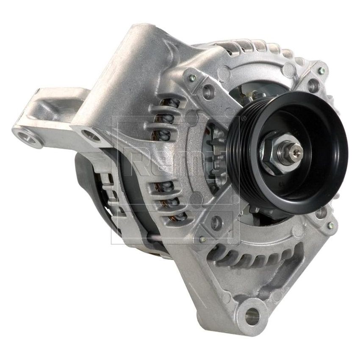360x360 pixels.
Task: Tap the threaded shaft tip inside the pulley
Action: click(x=296, y=149)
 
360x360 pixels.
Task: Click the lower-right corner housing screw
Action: click(x=330, y=225)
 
